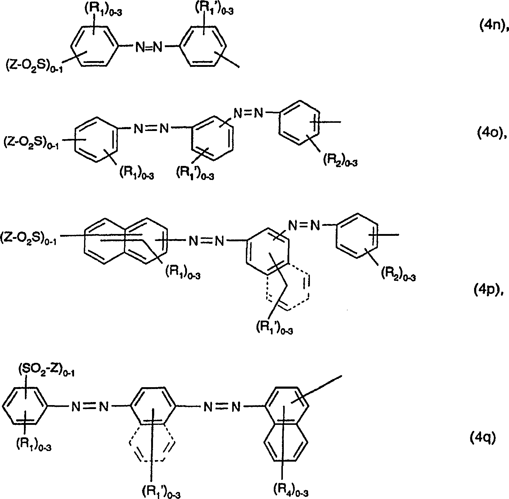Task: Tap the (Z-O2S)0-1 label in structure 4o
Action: (31, 142)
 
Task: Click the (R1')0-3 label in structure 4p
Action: (273, 328)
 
